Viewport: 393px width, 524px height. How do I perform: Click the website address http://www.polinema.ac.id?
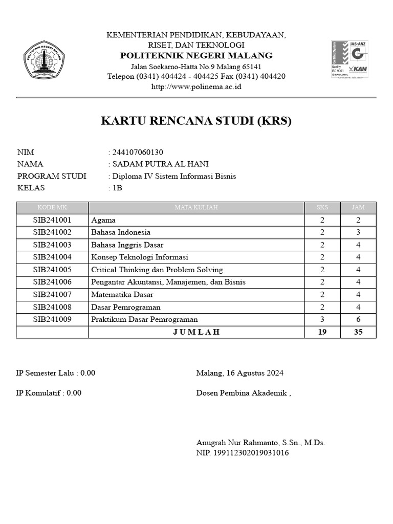coord(196,86)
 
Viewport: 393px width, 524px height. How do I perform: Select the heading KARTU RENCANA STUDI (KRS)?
coord(196,121)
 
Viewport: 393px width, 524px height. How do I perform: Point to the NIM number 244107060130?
coord(137,152)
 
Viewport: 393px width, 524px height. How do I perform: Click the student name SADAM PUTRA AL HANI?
coord(160,164)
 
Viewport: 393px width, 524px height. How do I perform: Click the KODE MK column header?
coord(52,208)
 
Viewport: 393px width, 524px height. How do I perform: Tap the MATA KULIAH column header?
coord(196,208)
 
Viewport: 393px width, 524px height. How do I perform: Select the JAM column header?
coord(358,208)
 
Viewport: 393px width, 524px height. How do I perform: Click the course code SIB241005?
coord(52,270)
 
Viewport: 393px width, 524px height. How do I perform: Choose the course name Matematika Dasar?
coord(122,295)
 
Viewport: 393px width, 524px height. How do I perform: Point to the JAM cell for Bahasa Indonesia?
coord(358,232)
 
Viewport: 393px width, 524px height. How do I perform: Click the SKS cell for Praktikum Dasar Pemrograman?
coord(322,319)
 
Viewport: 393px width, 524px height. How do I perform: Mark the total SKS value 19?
coord(322,332)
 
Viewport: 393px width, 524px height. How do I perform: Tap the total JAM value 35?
coord(358,332)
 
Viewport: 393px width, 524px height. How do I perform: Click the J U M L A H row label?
coord(196,332)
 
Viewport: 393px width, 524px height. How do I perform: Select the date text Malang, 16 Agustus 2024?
coord(239,373)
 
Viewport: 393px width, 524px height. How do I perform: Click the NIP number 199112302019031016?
coord(243,453)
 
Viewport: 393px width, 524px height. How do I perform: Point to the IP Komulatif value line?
coord(49,393)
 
